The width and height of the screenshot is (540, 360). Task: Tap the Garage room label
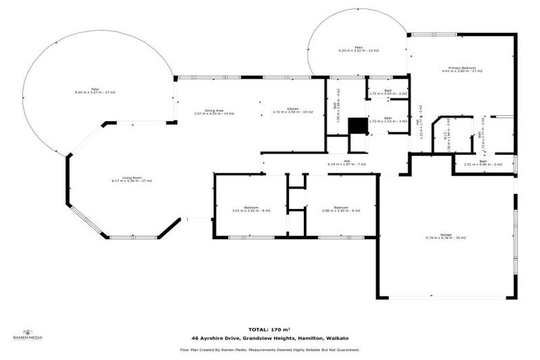tap(446, 236)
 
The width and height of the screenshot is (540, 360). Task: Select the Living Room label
tap(131, 179)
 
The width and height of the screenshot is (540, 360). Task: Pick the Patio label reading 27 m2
tap(95, 91)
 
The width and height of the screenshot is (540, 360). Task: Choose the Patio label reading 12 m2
tap(358, 49)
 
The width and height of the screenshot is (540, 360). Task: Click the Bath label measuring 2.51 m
tap(483, 163)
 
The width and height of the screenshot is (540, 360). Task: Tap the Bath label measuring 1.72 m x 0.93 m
tap(387, 92)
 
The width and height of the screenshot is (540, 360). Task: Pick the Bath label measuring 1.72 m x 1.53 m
tap(387, 120)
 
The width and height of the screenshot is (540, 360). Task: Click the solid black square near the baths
tap(358, 125)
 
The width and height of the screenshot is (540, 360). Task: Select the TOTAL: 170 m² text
tap(270, 328)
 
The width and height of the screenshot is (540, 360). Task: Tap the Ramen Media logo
tap(28, 335)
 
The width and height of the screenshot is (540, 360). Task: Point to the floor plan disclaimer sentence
tap(270, 349)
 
